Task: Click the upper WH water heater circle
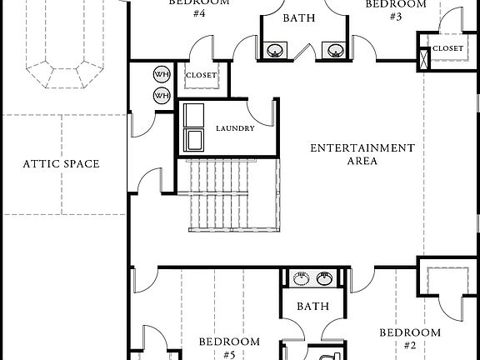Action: (161, 75)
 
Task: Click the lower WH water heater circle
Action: (161, 95)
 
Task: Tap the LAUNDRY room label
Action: (235, 128)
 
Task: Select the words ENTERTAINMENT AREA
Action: (362, 154)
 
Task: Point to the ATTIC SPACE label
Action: (61, 164)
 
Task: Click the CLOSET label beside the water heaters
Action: (201, 76)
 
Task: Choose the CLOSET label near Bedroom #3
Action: (447, 48)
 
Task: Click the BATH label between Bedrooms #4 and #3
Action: (298, 17)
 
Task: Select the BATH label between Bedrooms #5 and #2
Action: (314, 307)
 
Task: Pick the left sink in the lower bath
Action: (297, 277)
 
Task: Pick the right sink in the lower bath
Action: (326, 277)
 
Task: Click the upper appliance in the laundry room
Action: (195, 114)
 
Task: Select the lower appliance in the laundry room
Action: (195, 139)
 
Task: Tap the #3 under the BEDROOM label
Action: (396, 17)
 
